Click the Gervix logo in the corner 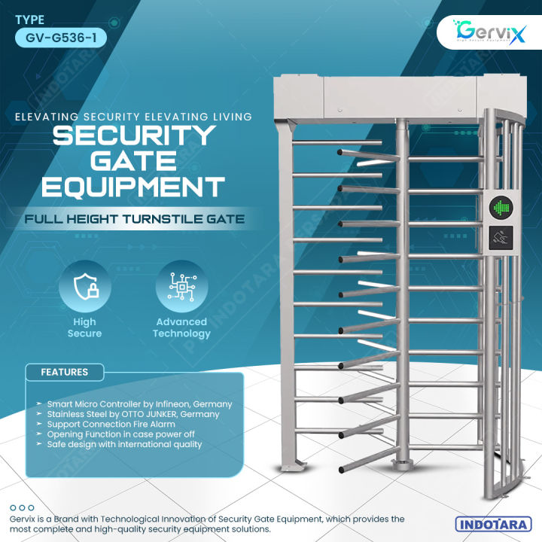pyautogui.click(x=486, y=34)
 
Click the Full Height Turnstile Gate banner pyautogui.click(x=133, y=220)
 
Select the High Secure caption pyautogui.click(x=84, y=327)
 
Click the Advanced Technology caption pyautogui.click(x=181, y=327)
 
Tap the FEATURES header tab pyautogui.click(x=64, y=372)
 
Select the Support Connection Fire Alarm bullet pyautogui.click(x=116, y=425)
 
